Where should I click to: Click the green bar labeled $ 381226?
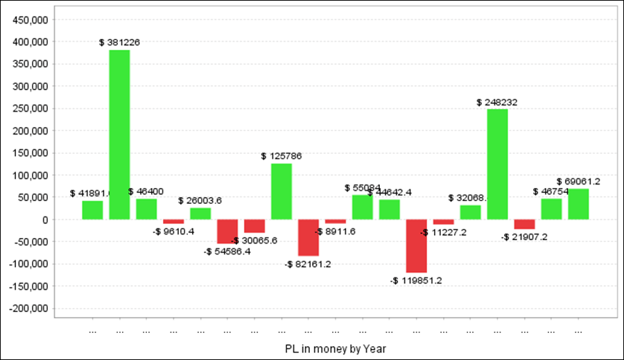[119, 135]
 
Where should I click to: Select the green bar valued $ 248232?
[497, 164]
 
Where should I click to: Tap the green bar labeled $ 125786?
[281, 191]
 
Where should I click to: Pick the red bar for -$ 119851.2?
[417, 246]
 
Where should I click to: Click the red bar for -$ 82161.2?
[309, 237]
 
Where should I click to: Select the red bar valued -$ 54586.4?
[227, 231]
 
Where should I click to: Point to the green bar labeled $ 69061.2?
[578, 204]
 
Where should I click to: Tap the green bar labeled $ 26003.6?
[200, 214]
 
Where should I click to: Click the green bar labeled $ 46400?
[146, 209]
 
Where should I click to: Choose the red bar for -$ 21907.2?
[524, 224]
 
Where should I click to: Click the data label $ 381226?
[119, 42]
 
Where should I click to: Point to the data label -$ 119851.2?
[416, 280]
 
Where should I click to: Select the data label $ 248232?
[497, 102]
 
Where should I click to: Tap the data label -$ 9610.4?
[174, 231]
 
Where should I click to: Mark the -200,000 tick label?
[28, 308]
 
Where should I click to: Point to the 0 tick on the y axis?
[44, 219]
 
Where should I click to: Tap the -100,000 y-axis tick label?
[28, 264]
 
